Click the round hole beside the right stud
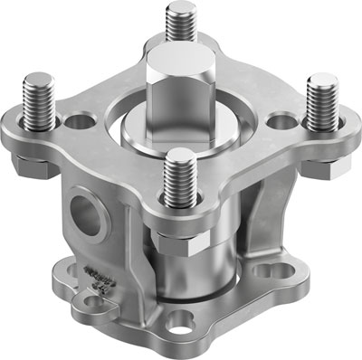(x=283, y=118)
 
